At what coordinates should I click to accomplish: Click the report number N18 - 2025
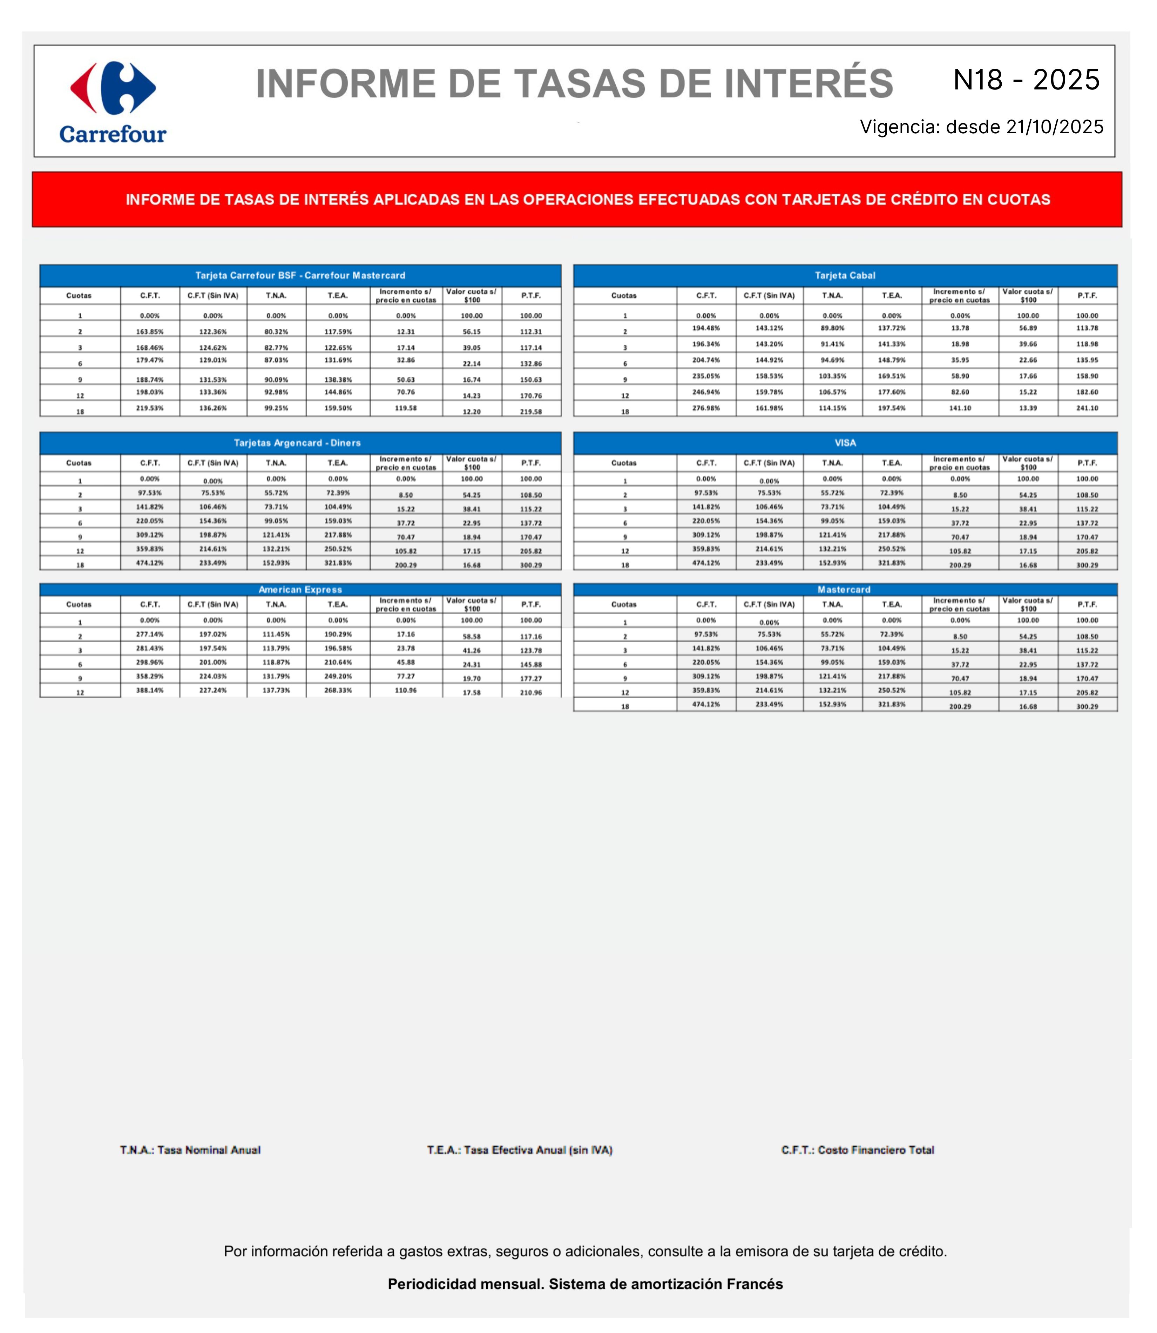pos(1026,80)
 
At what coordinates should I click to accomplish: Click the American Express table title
pos(300,590)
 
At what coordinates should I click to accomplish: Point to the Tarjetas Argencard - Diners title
pos(297,443)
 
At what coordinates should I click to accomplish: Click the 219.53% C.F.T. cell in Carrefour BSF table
pos(150,408)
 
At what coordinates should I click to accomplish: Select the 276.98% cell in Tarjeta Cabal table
pos(706,408)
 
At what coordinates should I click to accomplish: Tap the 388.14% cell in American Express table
pos(150,690)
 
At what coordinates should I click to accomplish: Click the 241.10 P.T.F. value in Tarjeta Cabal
pos(1087,408)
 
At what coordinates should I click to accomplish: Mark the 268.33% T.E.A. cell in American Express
pos(338,690)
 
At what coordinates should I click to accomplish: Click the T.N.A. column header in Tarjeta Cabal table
pos(832,296)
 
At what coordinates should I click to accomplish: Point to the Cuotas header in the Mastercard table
pos(624,604)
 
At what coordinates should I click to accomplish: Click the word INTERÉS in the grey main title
pos(808,84)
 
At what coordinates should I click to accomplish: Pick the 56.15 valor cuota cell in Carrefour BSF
pos(472,332)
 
